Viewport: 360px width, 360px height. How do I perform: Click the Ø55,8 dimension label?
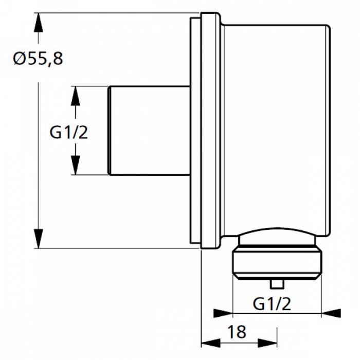(x=38, y=59)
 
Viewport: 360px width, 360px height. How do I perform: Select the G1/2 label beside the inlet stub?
(x=69, y=133)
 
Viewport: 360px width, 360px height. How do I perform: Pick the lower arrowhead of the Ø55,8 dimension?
(x=38, y=240)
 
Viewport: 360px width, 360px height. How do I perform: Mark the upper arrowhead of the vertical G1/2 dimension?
(x=75, y=95)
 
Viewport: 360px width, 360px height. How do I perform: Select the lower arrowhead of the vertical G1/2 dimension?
(x=75, y=166)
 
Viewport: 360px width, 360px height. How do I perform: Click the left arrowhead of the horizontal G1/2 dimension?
(x=222, y=313)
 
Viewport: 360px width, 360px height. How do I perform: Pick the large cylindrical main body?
(x=275, y=129)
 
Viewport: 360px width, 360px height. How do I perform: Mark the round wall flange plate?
(x=210, y=131)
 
